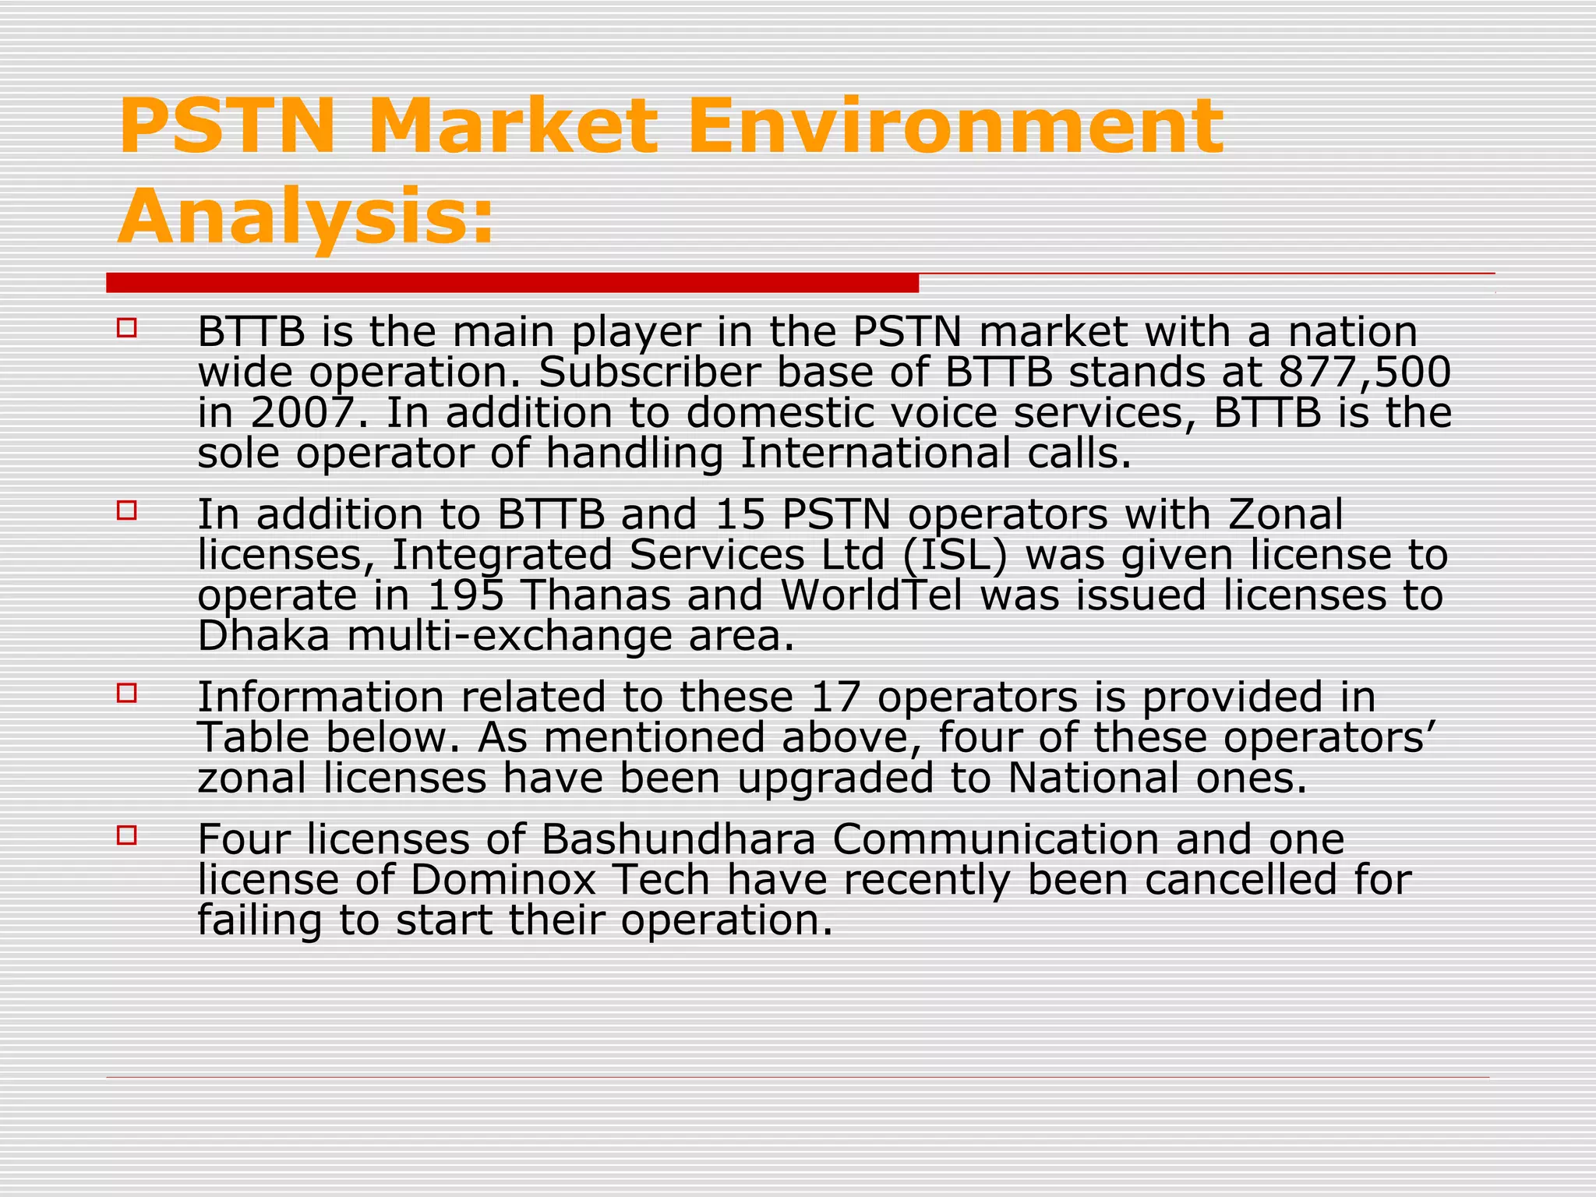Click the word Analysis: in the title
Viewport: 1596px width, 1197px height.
[306, 215]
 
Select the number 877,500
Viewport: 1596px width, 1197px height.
[1365, 372]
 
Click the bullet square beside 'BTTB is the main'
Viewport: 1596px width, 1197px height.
[126, 327]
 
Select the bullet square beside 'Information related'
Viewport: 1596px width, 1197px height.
[126, 692]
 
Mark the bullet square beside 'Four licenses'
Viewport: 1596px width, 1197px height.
[126, 835]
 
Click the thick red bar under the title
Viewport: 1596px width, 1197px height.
[512, 283]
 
